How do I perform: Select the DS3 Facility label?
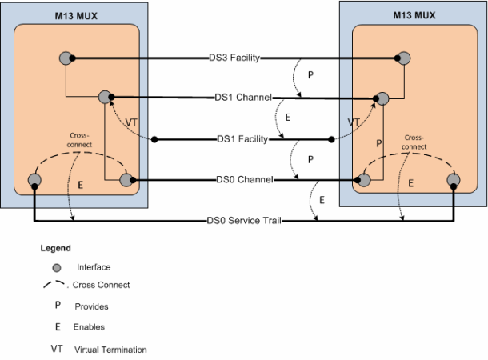coord(232,58)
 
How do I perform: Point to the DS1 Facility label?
coord(242,139)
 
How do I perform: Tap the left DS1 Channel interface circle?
coord(106,98)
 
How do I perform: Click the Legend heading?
coord(55,248)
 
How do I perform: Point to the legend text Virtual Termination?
coord(110,350)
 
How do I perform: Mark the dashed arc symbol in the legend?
coord(54,284)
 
